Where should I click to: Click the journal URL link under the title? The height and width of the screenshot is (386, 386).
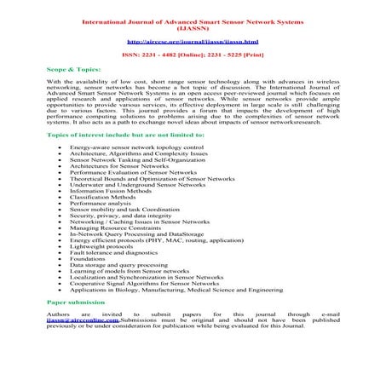tap(191, 40)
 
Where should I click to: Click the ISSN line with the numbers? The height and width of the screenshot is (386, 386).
tap(191, 55)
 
